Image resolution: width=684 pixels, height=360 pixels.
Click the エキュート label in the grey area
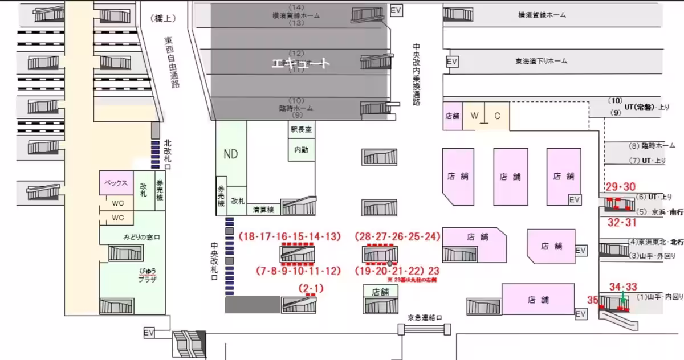(x=300, y=63)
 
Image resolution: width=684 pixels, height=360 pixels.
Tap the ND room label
(x=231, y=153)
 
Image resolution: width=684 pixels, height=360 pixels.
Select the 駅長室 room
(x=300, y=129)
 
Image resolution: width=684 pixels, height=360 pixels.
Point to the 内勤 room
(x=300, y=151)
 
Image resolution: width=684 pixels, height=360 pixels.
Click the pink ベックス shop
(x=116, y=183)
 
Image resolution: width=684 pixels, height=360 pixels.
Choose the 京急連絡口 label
(x=425, y=317)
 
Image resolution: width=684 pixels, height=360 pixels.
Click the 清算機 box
(x=264, y=210)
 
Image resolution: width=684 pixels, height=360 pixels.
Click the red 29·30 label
(x=620, y=187)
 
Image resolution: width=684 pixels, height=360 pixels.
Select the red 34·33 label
(x=623, y=287)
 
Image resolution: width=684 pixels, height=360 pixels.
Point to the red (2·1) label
(x=311, y=288)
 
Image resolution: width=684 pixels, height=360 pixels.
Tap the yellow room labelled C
(x=497, y=116)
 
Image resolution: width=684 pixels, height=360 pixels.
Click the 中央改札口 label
(x=214, y=261)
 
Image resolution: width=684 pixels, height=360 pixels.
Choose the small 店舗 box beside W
(x=452, y=116)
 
